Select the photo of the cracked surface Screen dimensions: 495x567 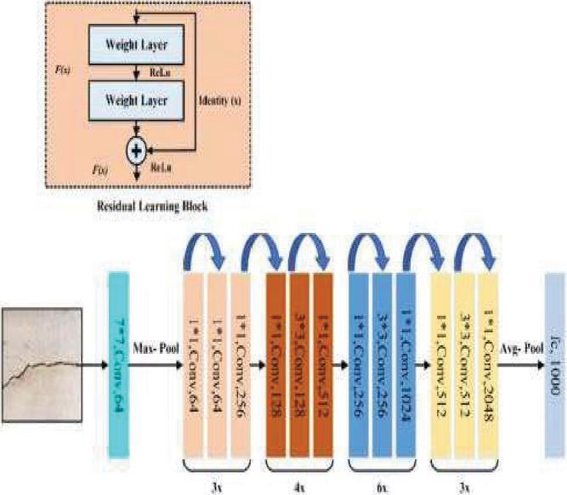click(42, 348)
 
